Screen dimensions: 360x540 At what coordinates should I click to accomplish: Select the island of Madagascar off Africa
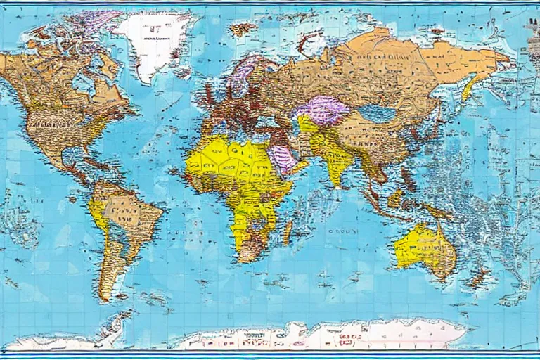coord(288,231)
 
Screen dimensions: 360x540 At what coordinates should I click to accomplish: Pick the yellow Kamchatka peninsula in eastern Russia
coord(469,88)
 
